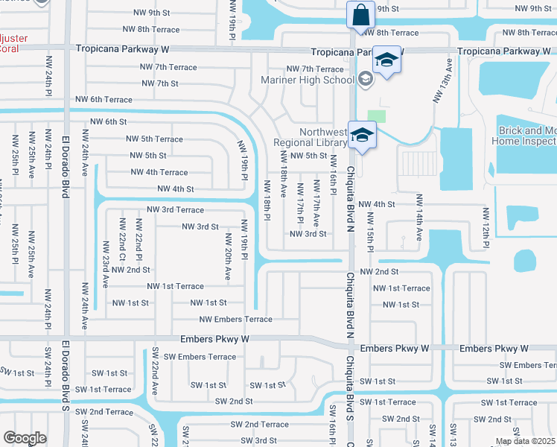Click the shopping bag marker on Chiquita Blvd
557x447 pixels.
coord(361,15)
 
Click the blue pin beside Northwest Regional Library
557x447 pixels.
coord(362,136)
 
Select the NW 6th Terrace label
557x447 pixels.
coord(104,100)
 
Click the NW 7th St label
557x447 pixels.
coord(159,83)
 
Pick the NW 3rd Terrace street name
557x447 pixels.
coord(175,210)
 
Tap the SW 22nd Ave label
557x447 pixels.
coord(155,371)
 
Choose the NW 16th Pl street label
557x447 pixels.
coord(333,176)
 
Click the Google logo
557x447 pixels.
coord(25,438)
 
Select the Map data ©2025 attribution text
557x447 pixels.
coord(525,441)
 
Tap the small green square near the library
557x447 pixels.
coord(378,116)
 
